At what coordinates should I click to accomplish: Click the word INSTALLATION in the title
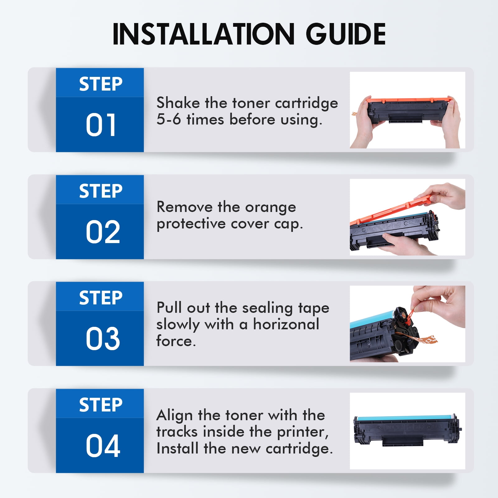(203, 34)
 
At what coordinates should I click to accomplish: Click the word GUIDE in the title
(346, 34)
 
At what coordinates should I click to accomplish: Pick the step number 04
(103, 446)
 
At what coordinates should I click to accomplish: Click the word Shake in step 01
(178, 103)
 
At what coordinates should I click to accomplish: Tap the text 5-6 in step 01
(168, 119)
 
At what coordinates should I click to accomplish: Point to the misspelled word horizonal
(286, 324)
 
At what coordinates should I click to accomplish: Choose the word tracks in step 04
(177, 432)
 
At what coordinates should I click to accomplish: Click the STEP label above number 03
(101, 298)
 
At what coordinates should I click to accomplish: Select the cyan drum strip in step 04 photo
(403, 417)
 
